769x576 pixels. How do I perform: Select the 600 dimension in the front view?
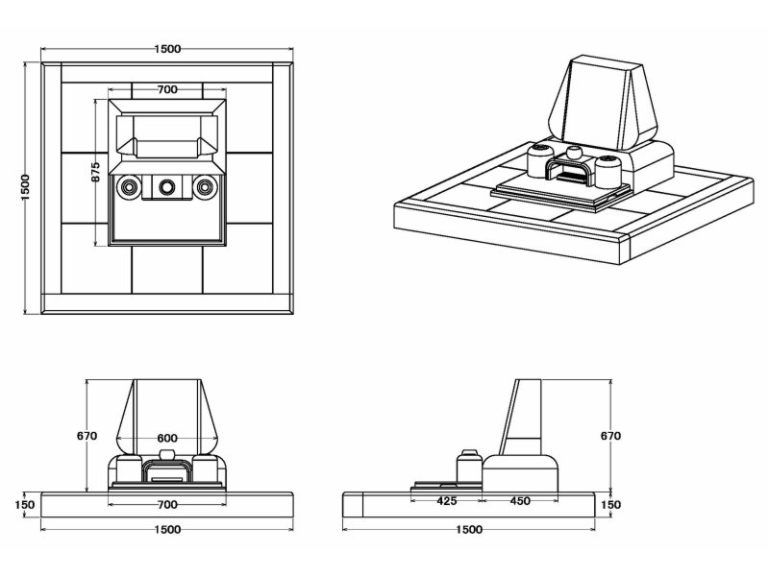click(166, 439)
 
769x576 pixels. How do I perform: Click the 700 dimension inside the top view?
click(166, 89)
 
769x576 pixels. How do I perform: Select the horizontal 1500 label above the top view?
click(166, 49)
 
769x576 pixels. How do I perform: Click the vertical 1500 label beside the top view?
click(26, 187)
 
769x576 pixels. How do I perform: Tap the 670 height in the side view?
click(610, 436)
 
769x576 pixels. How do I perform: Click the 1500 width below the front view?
click(166, 529)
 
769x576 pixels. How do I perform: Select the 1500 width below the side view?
click(469, 529)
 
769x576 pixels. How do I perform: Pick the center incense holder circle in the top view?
click(166, 185)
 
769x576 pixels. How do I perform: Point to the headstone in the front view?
click(166, 408)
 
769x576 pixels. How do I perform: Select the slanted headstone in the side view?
click(528, 418)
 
